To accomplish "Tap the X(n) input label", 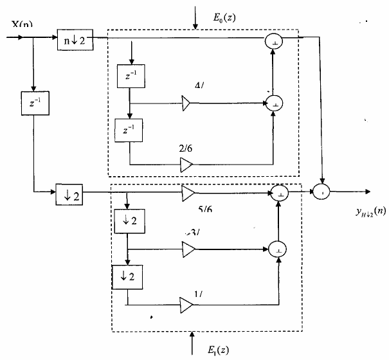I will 22,25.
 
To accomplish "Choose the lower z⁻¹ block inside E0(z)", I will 129,131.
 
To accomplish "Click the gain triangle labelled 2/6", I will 186,165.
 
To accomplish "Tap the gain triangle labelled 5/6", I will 188,192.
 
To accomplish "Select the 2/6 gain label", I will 186,148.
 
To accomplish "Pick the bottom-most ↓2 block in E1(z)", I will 127,277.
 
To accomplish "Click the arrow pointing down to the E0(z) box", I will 195,19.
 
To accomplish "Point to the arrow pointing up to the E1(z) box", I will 193,342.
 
